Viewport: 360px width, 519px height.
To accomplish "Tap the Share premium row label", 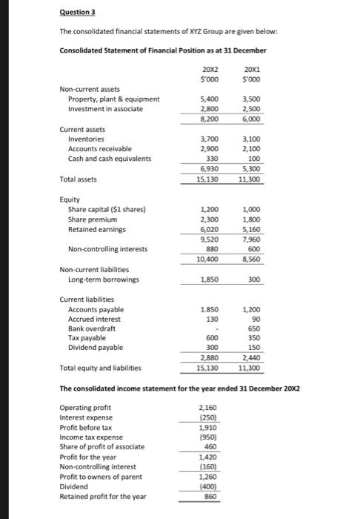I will pyautogui.click(x=92, y=219).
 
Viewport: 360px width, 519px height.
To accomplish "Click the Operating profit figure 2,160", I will pyautogui.click(x=210, y=407).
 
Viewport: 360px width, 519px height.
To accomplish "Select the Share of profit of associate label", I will pyautogui.click(x=101, y=448).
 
